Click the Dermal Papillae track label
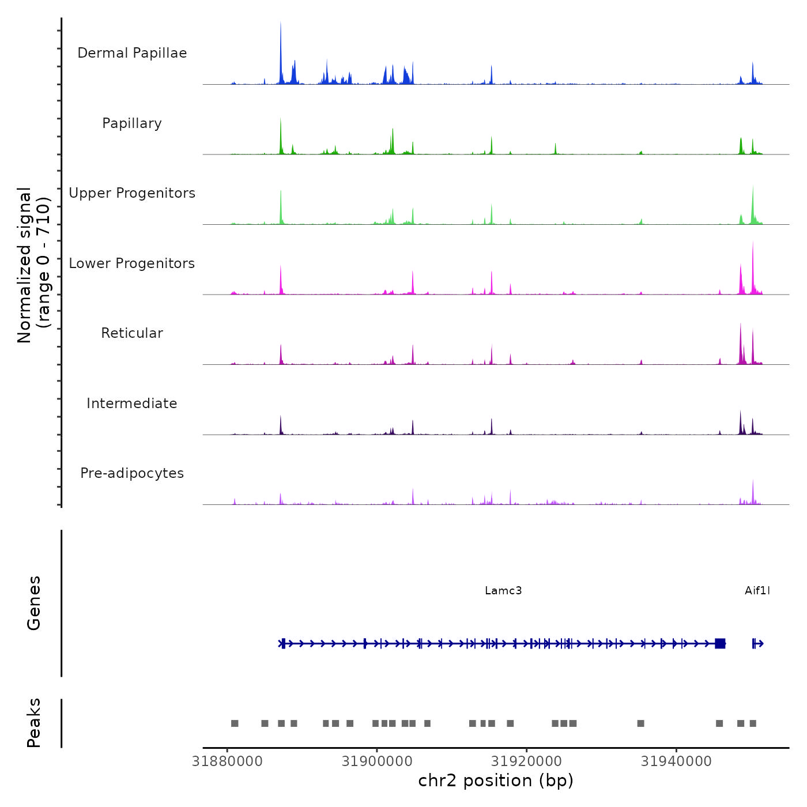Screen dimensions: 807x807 pyautogui.click(x=132, y=53)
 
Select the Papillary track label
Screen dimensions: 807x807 pyautogui.click(x=132, y=123)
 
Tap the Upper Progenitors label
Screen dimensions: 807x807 pyautogui.click(x=132, y=193)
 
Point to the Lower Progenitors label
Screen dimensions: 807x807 pyautogui.click(x=132, y=263)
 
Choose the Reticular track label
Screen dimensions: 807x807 pyautogui.click(x=132, y=333)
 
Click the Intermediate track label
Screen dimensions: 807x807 pyautogui.click(x=132, y=403)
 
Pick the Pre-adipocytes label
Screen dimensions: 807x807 pyautogui.click(x=132, y=473)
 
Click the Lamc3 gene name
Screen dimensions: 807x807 pyautogui.click(x=503, y=590)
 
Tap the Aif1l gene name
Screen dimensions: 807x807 pyautogui.click(x=757, y=590)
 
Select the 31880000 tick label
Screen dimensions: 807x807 pyautogui.click(x=227, y=761)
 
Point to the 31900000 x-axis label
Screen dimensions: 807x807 pyautogui.click(x=377, y=761)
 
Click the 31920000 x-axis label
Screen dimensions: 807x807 pyautogui.click(x=527, y=761)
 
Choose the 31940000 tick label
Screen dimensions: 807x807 pyautogui.click(x=676, y=761)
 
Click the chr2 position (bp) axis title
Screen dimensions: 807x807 pyautogui.click(x=496, y=780)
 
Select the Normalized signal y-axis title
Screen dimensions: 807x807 pyautogui.click(x=33, y=265)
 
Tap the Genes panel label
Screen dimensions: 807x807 pyautogui.click(x=34, y=603)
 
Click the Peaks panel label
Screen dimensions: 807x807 pyautogui.click(x=34, y=723)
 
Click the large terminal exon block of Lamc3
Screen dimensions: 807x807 pyautogui.click(x=720, y=643)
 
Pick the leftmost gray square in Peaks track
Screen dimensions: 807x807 pyautogui.click(x=235, y=723)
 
